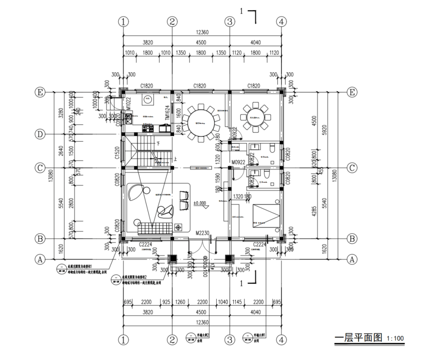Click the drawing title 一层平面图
pyautogui.click(x=359, y=338)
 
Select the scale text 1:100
pyautogui.click(x=394, y=339)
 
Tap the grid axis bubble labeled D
pyautogui.click(x=41, y=134)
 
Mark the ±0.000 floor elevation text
pyautogui.click(x=200, y=203)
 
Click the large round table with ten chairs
pyautogui.click(x=201, y=122)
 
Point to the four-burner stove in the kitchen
pyautogui.click(x=148, y=125)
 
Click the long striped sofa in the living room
pyautogui.click(x=155, y=228)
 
